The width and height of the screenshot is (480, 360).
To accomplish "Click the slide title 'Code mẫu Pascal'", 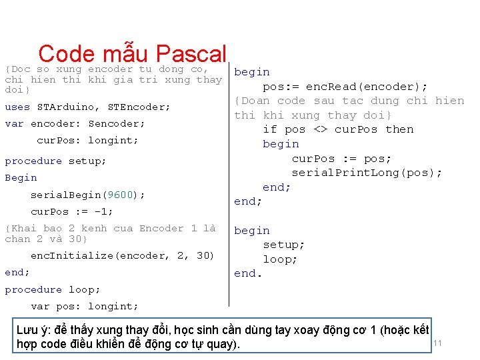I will [x=133, y=53].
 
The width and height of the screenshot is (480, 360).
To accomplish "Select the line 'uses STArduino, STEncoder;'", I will [x=87, y=107].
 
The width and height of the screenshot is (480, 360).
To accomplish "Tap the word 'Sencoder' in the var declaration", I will [x=117, y=123].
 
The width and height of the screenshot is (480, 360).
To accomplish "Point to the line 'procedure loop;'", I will [x=53, y=289].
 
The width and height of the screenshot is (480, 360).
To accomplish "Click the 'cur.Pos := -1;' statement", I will [x=72, y=211].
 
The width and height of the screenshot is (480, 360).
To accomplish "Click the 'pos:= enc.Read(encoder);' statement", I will [x=345, y=87].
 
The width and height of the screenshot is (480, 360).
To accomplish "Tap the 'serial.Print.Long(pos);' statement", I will [x=367, y=173].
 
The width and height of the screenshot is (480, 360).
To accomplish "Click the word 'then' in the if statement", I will [x=399, y=129].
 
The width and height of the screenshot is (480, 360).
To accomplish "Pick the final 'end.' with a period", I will [x=248, y=273].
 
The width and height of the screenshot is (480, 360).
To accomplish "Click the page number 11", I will [x=438, y=343].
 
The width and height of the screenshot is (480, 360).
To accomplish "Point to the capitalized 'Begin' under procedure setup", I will [x=21, y=178].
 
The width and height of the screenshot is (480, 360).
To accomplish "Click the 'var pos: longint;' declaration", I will [x=85, y=306].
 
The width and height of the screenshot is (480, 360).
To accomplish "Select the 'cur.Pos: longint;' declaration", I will [x=87, y=141].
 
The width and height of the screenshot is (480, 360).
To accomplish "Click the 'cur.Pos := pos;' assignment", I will [x=341, y=159].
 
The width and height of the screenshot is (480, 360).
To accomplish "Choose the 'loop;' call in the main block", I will [x=280, y=259].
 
